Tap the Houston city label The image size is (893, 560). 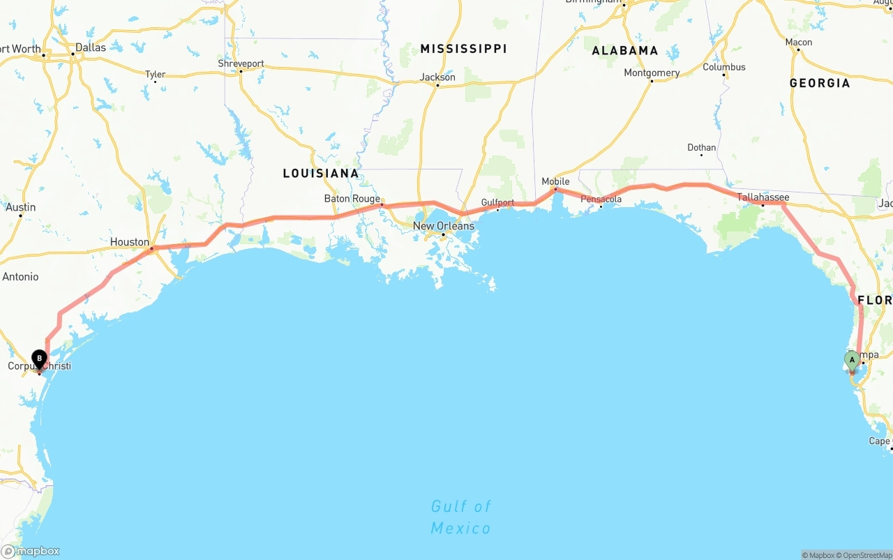coord(130,242)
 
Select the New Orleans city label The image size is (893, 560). coord(444,226)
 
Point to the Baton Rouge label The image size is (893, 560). coord(352,199)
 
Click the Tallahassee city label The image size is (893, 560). coord(763,197)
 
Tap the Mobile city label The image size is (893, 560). coord(556,181)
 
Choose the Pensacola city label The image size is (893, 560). coord(601,199)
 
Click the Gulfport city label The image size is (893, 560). coord(497,203)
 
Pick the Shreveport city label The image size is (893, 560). coord(241,63)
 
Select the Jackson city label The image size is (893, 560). coord(437,77)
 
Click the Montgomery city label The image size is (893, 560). coord(652,73)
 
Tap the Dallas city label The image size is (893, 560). coord(91,47)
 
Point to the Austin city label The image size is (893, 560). coord(20,207)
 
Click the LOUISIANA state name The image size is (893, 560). coord(321,173)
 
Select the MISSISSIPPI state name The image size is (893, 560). coord(463,49)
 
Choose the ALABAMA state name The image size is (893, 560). coord(625,50)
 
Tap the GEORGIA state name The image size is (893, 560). coord(820,83)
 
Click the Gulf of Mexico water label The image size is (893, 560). coord(460,517)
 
